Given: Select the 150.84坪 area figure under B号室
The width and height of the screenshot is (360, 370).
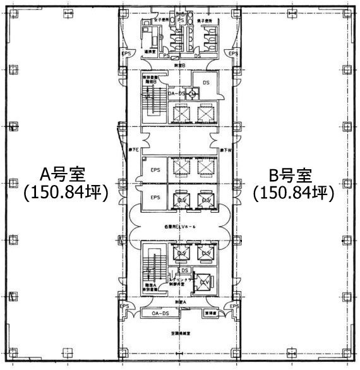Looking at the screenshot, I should pyautogui.click(x=292, y=193).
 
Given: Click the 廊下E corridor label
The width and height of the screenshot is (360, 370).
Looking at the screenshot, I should pyautogui.click(x=134, y=149).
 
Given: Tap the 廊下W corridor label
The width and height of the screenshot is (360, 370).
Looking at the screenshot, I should pyautogui.click(x=226, y=149).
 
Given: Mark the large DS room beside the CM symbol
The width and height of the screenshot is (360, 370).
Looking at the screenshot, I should pyautogui.click(x=205, y=82).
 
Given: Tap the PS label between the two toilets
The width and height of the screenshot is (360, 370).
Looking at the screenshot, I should pyautogui.click(x=181, y=20).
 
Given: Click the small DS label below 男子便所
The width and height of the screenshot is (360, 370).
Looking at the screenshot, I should pyautogui.click(x=197, y=56).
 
